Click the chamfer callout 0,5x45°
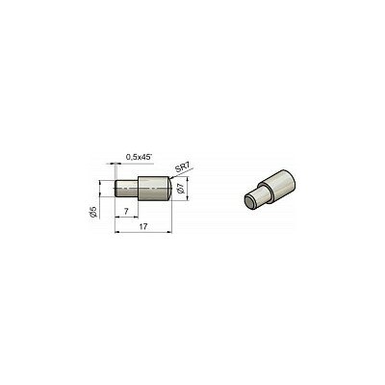coord(139,157)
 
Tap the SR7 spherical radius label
coord(184,167)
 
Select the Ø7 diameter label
coord(181,189)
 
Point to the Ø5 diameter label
coord(93,212)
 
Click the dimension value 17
coord(143,227)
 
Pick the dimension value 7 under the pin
coord(126,212)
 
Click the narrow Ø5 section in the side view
coord(126,189)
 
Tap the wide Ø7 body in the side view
coord(153,189)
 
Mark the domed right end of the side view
coord(170,189)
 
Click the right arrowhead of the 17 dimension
coord(169,232)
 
